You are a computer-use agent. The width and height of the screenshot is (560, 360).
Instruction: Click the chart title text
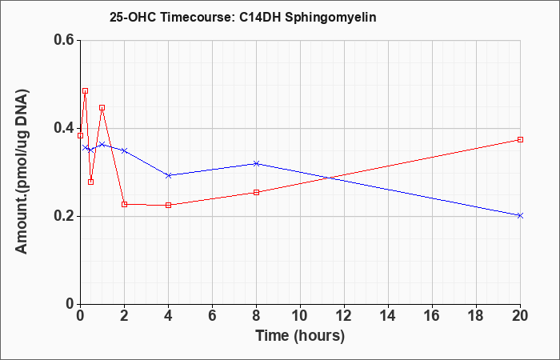[243, 18]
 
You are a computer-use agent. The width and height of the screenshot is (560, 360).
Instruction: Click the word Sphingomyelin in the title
[330, 18]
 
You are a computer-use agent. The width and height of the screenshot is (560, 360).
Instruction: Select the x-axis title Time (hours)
[300, 336]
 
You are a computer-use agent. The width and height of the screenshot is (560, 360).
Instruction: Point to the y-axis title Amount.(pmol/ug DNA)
[22, 171]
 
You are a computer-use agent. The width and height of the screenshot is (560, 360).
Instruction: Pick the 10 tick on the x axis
[300, 316]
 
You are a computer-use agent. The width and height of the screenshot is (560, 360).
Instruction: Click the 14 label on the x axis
[388, 316]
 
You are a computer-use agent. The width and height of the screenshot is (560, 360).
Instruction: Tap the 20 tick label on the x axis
[520, 316]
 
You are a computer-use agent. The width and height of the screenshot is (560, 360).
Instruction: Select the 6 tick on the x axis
[212, 316]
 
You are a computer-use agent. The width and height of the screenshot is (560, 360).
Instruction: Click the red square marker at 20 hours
[520, 139]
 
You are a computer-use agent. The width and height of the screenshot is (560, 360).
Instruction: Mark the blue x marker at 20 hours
[520, 215]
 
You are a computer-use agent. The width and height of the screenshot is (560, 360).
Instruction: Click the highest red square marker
[85, 90]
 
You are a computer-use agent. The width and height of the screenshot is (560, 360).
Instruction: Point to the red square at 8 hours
[256, 193]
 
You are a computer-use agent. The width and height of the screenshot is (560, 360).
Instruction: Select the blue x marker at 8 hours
[256, 163]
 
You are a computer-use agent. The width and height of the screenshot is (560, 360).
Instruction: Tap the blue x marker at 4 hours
[169, 175]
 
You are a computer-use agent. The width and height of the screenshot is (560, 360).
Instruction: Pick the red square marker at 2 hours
[124, 204]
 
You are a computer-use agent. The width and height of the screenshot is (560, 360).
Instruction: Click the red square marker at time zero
[80, 135]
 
